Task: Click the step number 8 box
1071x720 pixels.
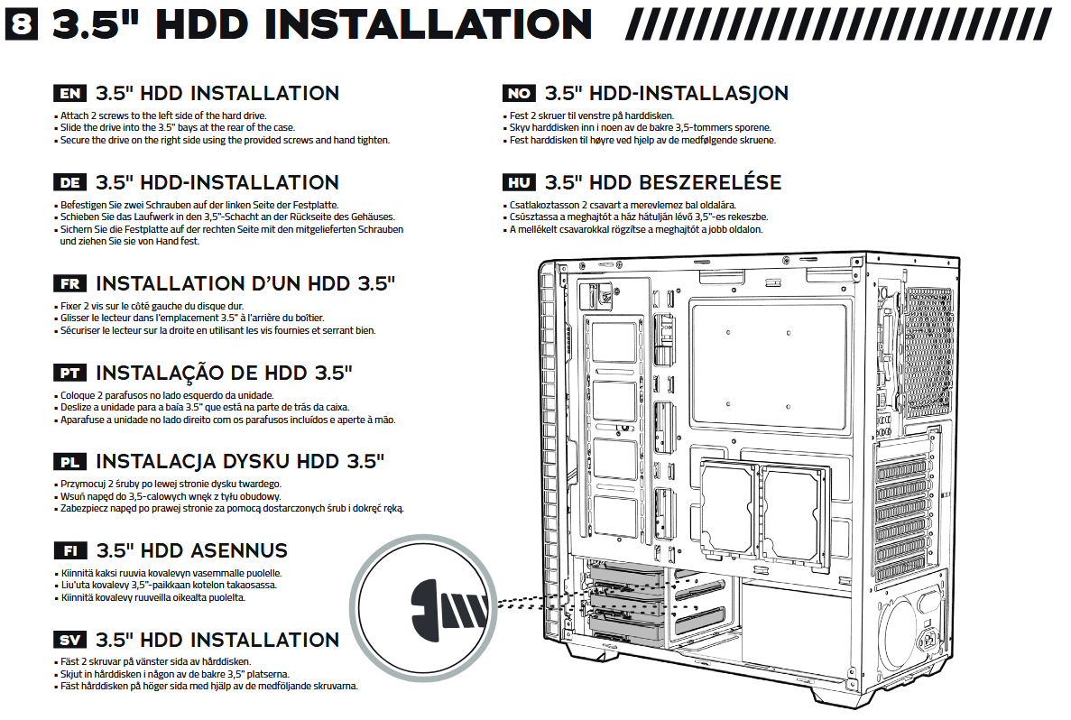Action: click(x=21, y=24)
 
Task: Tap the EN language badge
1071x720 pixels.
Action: click(x=69, y=94)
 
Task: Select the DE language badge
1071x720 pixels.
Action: click(x=69, y=182)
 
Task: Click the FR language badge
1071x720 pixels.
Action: click(x=69, y=283)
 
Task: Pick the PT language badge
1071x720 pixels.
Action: click(x=69, y=373)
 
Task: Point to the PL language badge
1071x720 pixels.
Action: click(x=69, y=462)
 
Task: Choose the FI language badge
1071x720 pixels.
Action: click(x=70, y=550)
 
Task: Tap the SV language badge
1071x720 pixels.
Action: click(x=69, y=640)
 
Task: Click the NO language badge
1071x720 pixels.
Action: click(x=519, y=94)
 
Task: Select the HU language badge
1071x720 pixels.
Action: click(x=519, y=182)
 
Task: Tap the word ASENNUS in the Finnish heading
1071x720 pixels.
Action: click(x=239, y=550)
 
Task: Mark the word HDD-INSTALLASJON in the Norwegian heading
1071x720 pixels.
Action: click(x=689, y=94)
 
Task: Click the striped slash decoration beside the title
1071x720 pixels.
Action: click(x=839, y=24)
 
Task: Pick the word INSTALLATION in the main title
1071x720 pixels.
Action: click(x=429, y=24)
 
